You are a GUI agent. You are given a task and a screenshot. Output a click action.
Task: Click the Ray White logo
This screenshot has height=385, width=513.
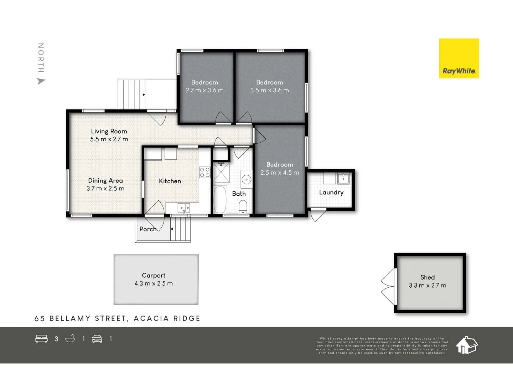click(458, 58)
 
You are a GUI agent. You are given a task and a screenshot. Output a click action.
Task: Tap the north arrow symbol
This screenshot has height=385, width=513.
click(41, 81)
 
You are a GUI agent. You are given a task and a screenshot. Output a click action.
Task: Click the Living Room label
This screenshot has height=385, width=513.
click(109, 131)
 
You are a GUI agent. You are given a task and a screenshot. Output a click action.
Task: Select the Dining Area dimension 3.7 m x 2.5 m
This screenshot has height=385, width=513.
click(105, 189)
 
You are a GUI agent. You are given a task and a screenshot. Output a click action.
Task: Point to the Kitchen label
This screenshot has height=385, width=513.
click(170, 181)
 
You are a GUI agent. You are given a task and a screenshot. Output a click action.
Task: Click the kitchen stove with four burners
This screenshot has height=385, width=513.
click(205, 173)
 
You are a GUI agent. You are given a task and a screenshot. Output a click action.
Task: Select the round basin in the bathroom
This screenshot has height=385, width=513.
click(247, 179)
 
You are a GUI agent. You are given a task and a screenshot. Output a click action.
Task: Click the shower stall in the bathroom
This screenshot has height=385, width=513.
click(221, 173)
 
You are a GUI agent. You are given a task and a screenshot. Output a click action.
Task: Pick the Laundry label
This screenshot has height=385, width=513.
click(331, 192)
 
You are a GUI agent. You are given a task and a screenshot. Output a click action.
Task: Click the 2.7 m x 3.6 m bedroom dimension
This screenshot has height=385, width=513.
click(205, 91)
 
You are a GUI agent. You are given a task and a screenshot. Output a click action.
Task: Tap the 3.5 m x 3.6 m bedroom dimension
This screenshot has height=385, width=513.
click(270, 91)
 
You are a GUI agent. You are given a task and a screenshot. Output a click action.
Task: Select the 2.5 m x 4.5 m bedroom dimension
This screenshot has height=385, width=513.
click(280, 173)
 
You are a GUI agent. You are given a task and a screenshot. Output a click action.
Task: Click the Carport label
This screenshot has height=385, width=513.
click(154, 276)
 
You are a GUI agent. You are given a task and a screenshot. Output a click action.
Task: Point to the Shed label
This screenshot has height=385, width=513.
click(427, 277)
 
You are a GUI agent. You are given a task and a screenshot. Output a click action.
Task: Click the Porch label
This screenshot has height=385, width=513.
click(147, 229)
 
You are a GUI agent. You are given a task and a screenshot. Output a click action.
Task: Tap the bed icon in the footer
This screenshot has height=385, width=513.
click(41, 339)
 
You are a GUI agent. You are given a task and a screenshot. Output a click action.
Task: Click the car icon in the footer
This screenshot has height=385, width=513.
click(97, 339)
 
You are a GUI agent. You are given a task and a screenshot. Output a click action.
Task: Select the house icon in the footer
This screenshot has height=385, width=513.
click(467, 345)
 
